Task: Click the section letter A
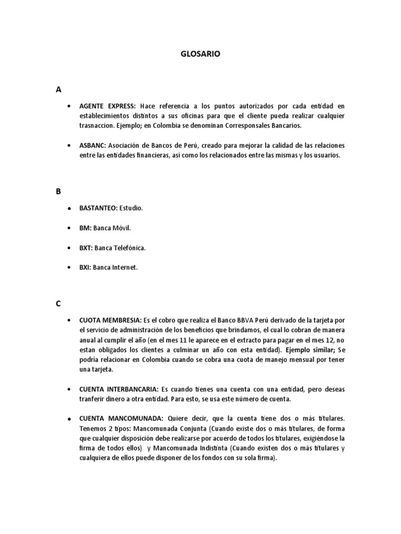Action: tap(58, 90)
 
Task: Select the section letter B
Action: tap(58, 191)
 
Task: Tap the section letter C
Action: tap(58, 304)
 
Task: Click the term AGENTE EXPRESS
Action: tap(107, 106)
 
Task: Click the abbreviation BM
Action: tap(85, 228)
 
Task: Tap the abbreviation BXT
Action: tap(86, 248)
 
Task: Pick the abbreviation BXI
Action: tap(85, 268)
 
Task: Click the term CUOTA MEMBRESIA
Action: tap(111, 320)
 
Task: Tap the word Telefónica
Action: tap(130, 248)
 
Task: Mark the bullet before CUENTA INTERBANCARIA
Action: tap(69, 390)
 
